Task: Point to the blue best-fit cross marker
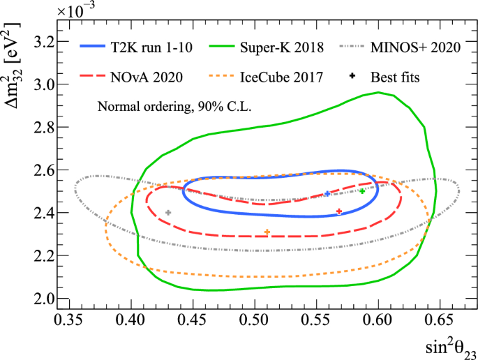(327, 193)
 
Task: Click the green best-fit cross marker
(362, 190)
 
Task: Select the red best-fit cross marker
(339, 211)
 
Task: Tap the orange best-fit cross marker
(267, 232)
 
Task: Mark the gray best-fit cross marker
(168, 212)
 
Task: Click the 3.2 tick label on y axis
(41, 42)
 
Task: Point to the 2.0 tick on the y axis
(41, 299)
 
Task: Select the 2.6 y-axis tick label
(41, 170)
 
